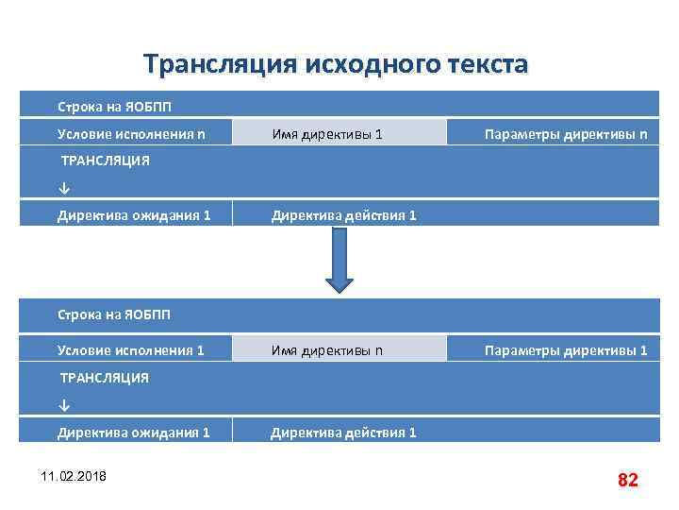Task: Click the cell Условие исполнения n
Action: (130, 134)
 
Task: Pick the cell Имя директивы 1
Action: (327, 134)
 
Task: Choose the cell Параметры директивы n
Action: (565, 134)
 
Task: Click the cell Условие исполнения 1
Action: (130, 350)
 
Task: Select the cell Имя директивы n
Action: (327, 350)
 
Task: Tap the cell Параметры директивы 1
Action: (565, 350)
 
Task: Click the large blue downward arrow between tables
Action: (339, 260)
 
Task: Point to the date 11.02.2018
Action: (74, 474)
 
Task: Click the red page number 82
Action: (627, 480)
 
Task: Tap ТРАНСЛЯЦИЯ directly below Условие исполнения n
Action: (104, 161)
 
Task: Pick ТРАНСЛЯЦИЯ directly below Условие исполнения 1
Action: (104, 378)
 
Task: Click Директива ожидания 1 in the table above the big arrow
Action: (133, 215)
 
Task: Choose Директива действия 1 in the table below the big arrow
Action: (343, 433)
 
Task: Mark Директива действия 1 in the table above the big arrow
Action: (343, 215)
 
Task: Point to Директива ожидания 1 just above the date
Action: (133, 433)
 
